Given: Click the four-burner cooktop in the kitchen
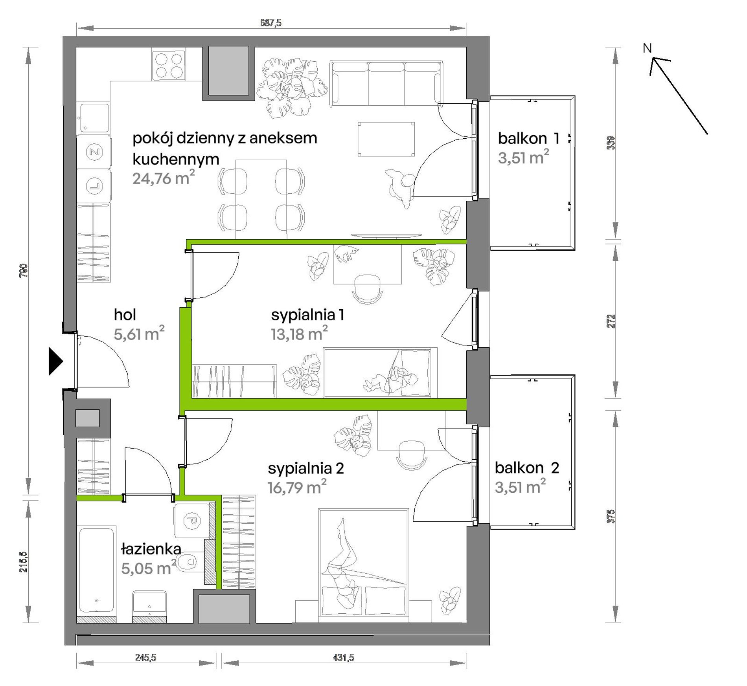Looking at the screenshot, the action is click(169, 66).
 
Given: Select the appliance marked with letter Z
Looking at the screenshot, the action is click(94, 152).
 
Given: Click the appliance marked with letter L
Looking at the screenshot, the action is click(94, 185).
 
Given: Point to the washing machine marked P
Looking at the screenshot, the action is click(191, 521).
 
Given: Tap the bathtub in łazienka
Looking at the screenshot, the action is click(97, 569).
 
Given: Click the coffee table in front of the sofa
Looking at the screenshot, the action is click(386, 139).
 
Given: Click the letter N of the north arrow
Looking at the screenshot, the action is click(647, 48).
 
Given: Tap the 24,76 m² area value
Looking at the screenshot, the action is click(164, 178).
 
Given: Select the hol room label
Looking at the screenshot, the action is click(125, 315).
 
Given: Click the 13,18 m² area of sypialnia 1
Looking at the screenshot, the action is click(299, 334).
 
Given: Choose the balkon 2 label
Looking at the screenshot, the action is click(527, 468).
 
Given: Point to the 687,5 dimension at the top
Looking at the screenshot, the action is click(271, 23).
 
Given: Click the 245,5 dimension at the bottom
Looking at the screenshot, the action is click(145, 657).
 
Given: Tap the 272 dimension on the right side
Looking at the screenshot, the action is click(611, 321).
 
